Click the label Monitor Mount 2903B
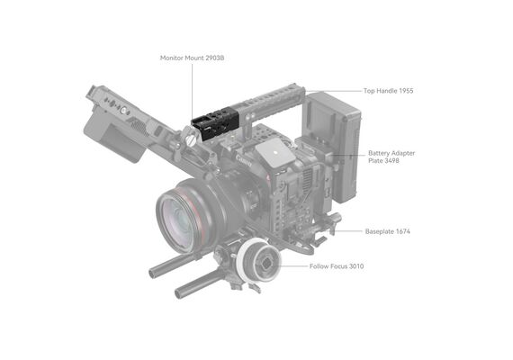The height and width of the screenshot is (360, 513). [x=192, y=58]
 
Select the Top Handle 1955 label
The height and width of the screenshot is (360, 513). [x=388, y=91]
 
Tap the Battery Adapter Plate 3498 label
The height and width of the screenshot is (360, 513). [x=391, y=157]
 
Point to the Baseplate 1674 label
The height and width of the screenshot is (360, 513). [x=387, y=231]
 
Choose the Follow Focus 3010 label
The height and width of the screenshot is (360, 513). [x=337, y=266]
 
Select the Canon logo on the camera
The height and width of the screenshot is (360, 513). [x=244, y=161]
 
